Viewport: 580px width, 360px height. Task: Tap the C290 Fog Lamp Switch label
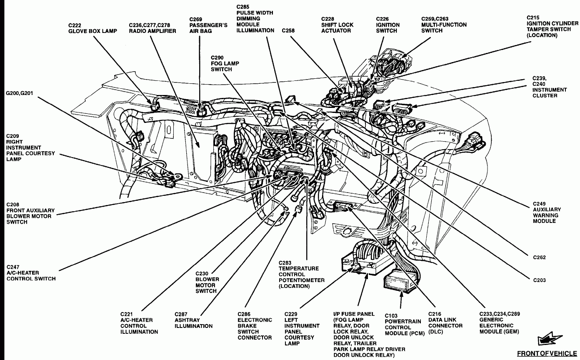(x=225, y=63)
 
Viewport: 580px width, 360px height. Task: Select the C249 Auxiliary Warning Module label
(x=547, y=212)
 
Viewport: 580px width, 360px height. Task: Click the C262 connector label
(x=539, y=257)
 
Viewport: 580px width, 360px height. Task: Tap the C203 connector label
(x=539, y=280)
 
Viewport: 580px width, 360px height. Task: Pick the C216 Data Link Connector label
(x=445, y=322)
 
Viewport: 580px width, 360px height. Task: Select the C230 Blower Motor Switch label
(x=207, y=282)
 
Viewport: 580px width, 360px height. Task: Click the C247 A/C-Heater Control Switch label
(x=31, y=272)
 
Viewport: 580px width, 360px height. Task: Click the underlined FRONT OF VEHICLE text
(x=547, y=353)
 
